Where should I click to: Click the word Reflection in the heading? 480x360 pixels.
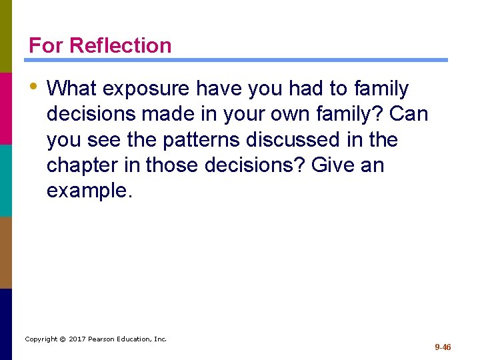click(120, 45)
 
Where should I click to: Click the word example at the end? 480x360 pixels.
click(89, 191)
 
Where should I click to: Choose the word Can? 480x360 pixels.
click(409, 114)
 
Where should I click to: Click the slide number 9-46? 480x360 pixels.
click(443, 347)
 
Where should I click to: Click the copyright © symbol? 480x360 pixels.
click(62, 339)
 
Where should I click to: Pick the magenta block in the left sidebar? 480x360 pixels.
click(6, 108)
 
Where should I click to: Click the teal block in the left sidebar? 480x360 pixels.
click(6, 180)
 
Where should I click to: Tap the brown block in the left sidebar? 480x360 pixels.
click(6, 252)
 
